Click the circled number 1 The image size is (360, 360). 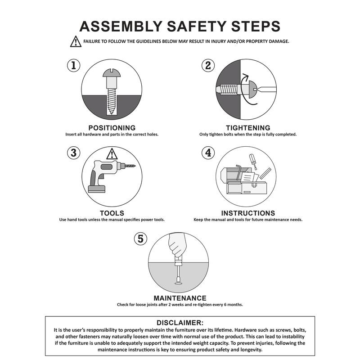tap(74, 65)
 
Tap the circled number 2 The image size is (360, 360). tap(207, 66)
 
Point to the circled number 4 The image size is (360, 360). tap(207, 153)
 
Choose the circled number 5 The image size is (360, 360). tap(141, 238)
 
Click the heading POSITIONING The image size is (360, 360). tap(112, 128)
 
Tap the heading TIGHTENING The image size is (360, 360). tap(247, 128)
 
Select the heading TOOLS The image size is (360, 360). tap(112, 213)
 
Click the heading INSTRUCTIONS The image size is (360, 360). tap(248, 213)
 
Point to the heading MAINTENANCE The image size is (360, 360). tap(180, 298)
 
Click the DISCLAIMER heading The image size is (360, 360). tap(180, 323)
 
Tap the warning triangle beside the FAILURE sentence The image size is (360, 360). tap(75, 42)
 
